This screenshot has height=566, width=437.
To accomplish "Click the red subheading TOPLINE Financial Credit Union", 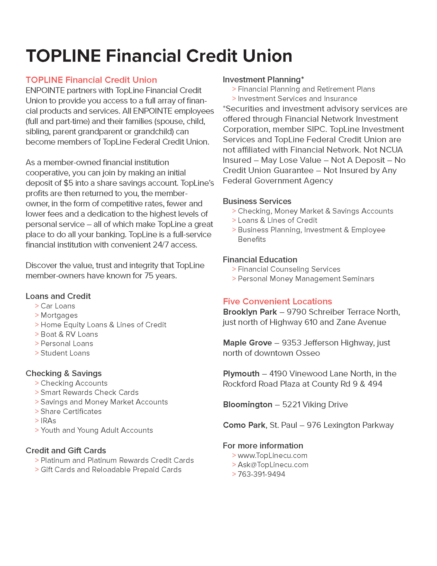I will point(91,80).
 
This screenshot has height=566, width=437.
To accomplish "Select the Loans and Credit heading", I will point(58,296).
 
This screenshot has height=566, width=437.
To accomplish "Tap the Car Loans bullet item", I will point(58,306).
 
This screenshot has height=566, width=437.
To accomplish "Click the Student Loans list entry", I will point(65,353).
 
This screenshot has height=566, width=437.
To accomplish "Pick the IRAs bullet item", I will point(48,421).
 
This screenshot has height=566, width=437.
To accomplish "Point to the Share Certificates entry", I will point(71,411).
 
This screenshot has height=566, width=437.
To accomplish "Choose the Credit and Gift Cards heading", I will point(66,450).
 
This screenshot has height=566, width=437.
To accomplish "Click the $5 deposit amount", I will point(68,183).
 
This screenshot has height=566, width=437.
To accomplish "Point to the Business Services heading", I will point(257,201).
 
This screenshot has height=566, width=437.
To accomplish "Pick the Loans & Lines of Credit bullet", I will point(277,220).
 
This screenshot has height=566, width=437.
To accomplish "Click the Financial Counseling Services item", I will point(289,269).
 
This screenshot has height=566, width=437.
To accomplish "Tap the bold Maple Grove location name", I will point(247,343).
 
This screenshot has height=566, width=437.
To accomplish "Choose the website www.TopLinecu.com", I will point(272,455).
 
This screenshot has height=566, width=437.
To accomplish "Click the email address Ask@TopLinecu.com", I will point(273,465).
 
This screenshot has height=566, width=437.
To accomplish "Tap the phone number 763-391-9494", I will point(261,474).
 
